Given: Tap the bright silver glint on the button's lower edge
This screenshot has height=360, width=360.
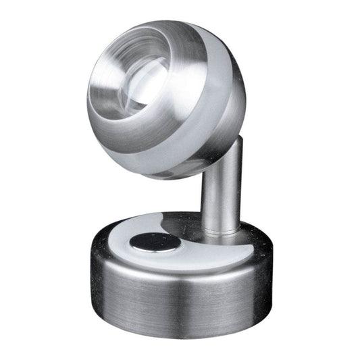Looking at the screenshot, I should [155, 249].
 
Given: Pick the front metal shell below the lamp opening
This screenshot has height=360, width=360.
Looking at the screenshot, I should [149, 159].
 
